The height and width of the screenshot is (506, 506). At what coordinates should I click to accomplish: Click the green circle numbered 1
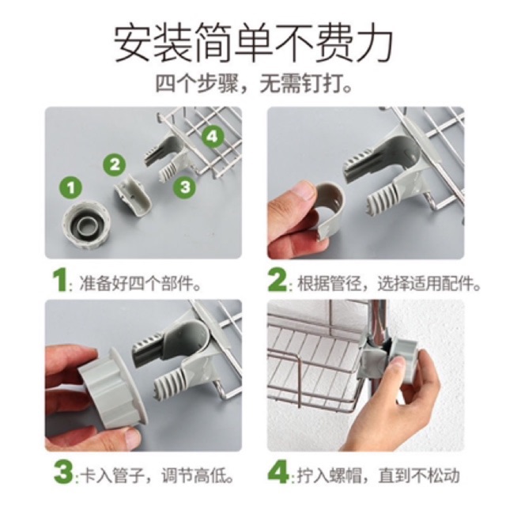coord(71,188)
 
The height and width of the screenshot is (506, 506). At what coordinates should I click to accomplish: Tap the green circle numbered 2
coord(115,164)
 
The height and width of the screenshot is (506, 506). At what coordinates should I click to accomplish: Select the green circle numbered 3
coord(185,187)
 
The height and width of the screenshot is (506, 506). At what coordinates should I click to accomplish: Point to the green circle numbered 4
coord(213,137)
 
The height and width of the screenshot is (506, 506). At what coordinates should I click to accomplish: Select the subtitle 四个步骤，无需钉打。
coord(254,84)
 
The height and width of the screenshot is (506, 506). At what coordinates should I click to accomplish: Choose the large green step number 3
coord(63,473)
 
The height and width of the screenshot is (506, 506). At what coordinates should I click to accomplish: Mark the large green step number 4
coord(278,473)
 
